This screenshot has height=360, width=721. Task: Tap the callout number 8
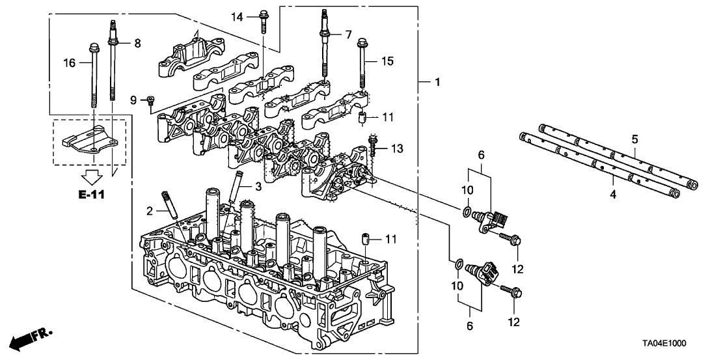point(137,43)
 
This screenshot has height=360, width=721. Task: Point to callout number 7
point(348,33)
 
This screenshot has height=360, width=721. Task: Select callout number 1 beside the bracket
point(437,83)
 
